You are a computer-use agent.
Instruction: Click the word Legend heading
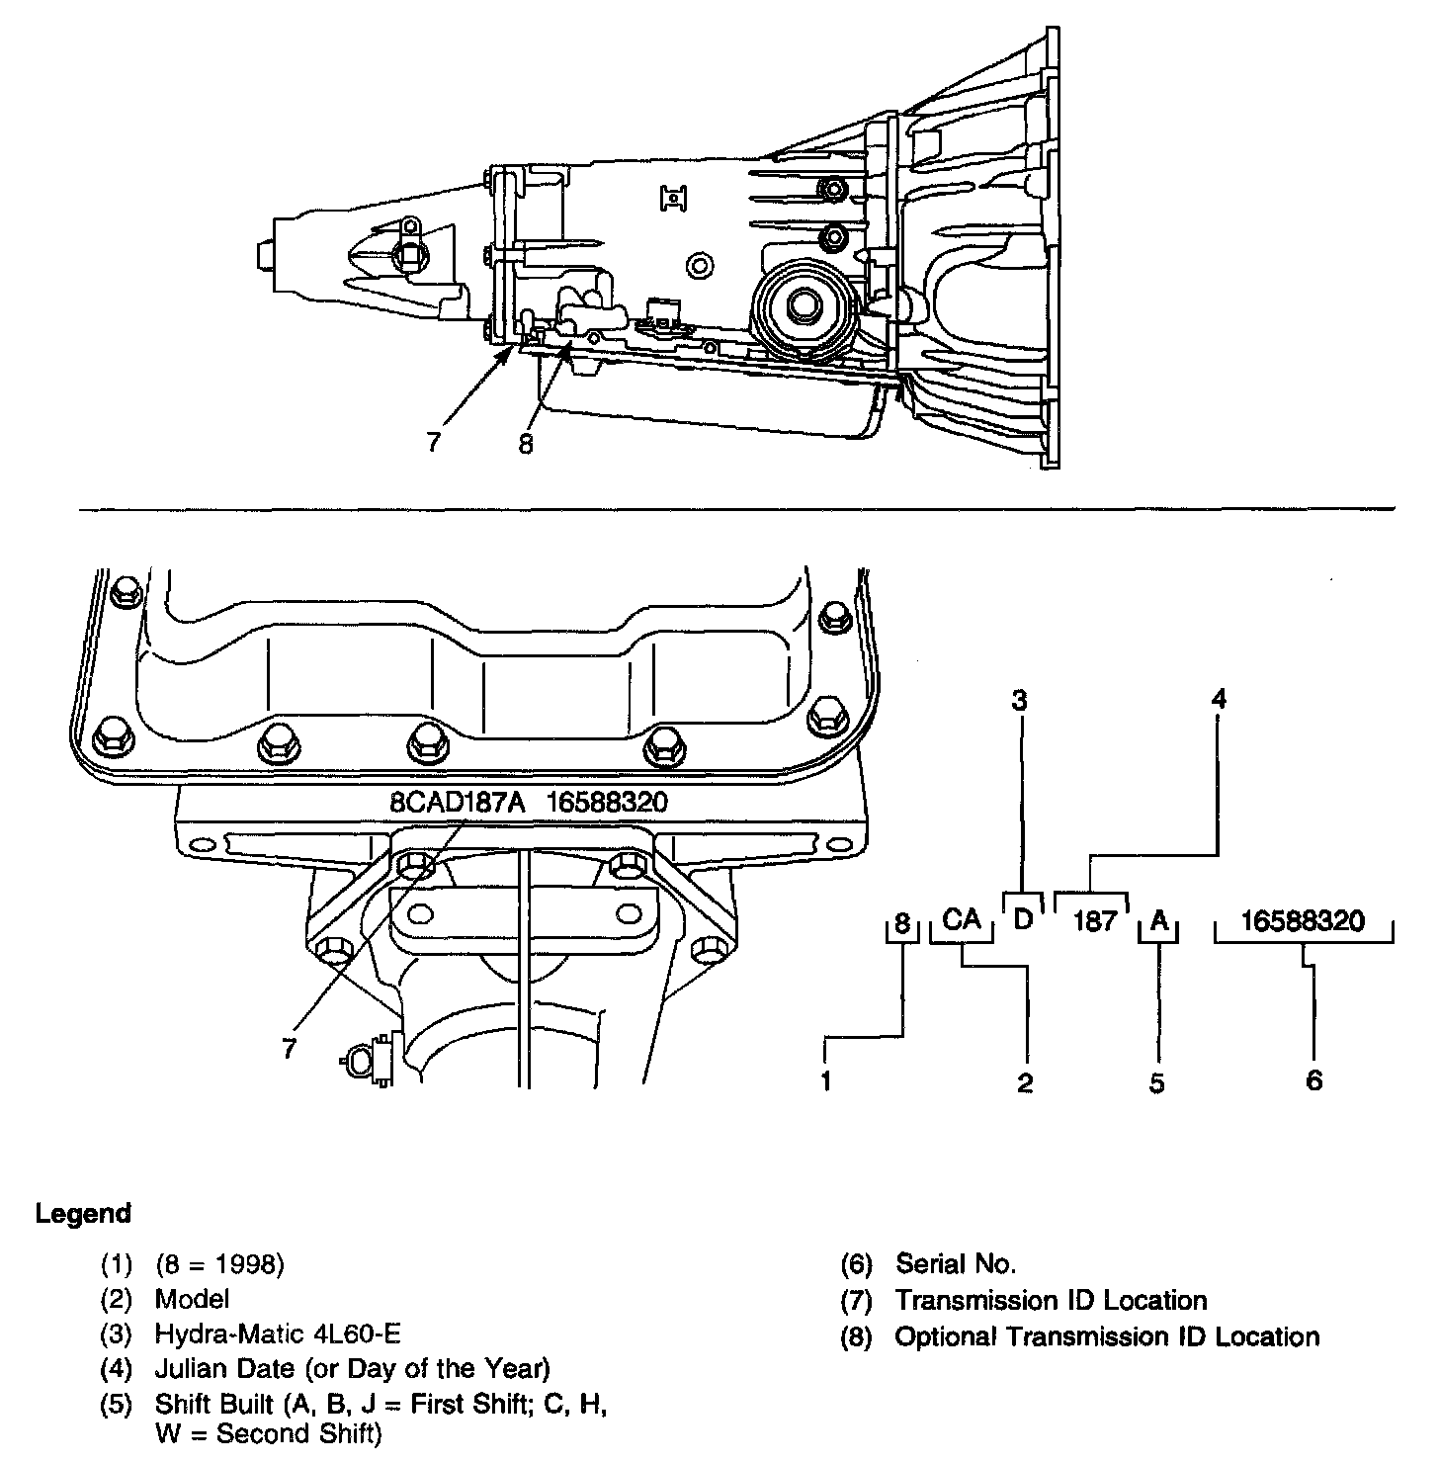click(x=83, y=1213)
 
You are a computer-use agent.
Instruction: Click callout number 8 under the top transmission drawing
click(x=525, y=445)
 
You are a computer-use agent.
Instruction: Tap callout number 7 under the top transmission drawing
click(x=434, y=441)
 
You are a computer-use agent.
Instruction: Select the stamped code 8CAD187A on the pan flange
click(x=456, y=802)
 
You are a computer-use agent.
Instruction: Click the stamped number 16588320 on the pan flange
click(x=607, y=802)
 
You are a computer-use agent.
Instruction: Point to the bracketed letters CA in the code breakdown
click(x=961, y=920)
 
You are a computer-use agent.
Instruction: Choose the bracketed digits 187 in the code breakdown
click(x=1094, y=921)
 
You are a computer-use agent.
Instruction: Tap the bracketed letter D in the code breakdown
click(x=1024, y=919)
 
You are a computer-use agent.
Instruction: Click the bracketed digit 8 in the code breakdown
click(x=901, y=924)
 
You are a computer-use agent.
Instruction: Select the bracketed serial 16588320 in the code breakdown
click(x=1303, y=921)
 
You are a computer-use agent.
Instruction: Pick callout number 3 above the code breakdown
click(x=1020, y=701)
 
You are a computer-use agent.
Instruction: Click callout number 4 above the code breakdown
click(x=1219, y=700)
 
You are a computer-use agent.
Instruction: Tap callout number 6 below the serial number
click(x=1313, y=1080)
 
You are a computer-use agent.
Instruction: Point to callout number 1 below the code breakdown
click(x=826, y=1080)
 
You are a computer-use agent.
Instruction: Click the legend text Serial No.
click(x=955, y=1262)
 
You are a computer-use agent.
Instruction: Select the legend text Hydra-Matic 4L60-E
click(x=278, y=1334)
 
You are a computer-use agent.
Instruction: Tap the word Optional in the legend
click(x=946, y=1337)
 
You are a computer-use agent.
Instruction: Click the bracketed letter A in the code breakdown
click(x=1160, y=921)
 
